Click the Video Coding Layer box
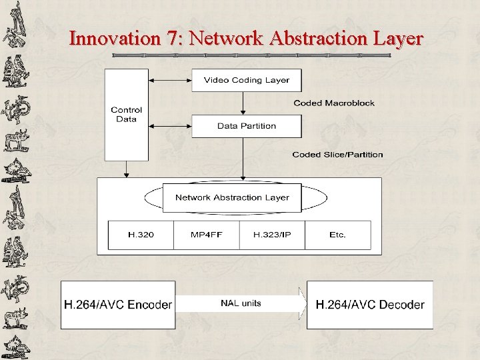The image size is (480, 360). pos(247,80)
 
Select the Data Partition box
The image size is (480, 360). pos(247,125)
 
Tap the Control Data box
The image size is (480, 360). pos(126,115)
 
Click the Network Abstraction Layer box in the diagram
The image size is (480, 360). pos(232,197)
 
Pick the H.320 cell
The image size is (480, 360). pos(140,235)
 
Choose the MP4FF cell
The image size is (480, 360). pos(205,235)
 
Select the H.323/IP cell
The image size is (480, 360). pos(271,235)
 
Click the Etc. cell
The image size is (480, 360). pos(337,235)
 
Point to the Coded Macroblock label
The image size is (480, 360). pos(334,103)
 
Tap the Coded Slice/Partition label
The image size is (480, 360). pos(337,155)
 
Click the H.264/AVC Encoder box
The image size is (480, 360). pos(118,305)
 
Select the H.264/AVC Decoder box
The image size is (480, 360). pos(370,305)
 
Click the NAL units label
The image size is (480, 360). pos(241,303)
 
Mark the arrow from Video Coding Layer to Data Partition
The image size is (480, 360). pos(243,103)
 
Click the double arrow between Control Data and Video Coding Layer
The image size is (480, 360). pos(170,80)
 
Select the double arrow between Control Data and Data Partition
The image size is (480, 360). pos(170,125)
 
